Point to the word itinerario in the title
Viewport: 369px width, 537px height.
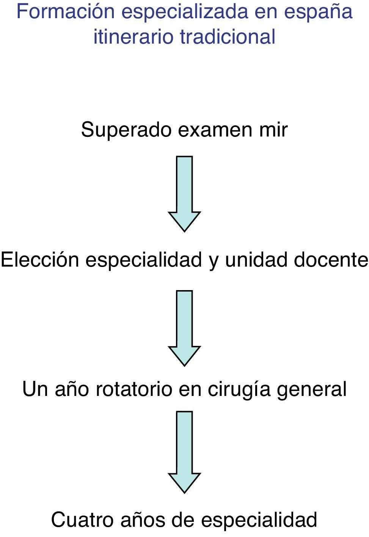coord(133,37)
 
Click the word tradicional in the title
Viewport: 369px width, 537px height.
coord(228,37)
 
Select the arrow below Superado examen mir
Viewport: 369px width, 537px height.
coord(184,193)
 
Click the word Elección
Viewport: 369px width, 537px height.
coord(40,260)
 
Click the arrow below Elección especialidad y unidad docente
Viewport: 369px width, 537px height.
coord(184,328)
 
